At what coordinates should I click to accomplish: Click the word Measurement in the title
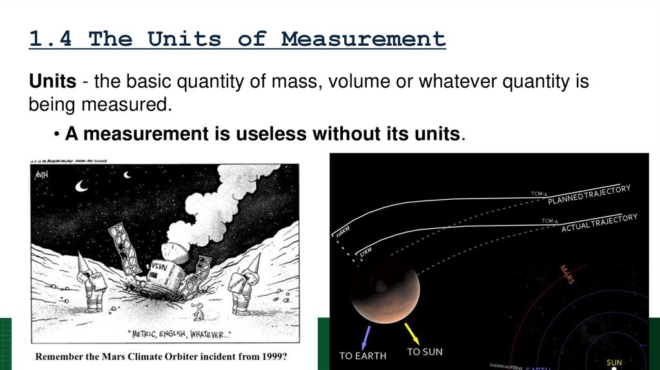(363, 39)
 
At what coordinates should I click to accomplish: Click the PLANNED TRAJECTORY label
(589, 195)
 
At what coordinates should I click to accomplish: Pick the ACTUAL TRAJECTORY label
(599, 223)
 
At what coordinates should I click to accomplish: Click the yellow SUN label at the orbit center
(614, 363)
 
